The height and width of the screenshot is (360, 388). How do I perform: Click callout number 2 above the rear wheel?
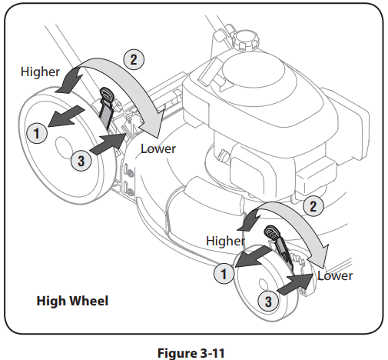[131, 57]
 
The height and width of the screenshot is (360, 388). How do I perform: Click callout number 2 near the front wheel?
[312, 205]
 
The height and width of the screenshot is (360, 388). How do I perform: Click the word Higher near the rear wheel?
[39, 72]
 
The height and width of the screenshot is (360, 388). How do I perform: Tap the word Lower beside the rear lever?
[158, 148]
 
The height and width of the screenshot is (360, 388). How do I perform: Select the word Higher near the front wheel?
[225, 240]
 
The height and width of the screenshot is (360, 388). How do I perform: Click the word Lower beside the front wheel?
[335, 275]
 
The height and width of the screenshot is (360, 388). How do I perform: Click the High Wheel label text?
[72, 300]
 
